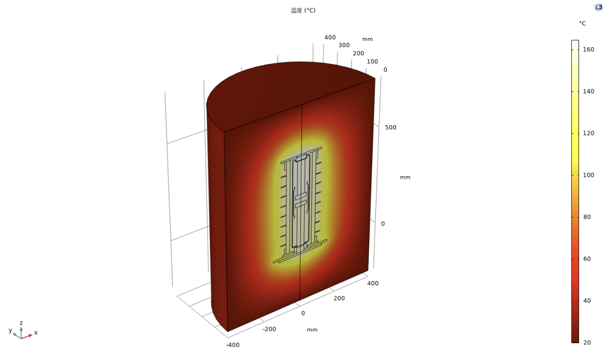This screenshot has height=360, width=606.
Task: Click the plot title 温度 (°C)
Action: click(x=303, y=11)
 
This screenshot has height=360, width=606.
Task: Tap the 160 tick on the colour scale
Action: click(x=589, y=49)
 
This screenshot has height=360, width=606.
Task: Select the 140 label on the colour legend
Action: click(x=589, y=91)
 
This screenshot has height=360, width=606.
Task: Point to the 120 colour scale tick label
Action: click(x=589, y=133)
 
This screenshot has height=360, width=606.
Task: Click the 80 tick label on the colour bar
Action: click(x=587, y=217)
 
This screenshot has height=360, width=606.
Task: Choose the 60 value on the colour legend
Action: click(x=587, y=259)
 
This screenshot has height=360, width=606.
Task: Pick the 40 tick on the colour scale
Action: click(x=587, y=301)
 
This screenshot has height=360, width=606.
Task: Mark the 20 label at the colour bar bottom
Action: click(x=587, y=343)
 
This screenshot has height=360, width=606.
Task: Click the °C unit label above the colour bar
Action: click(x=582, y=24)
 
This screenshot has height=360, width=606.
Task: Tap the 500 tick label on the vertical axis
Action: click(x=391, y=127)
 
